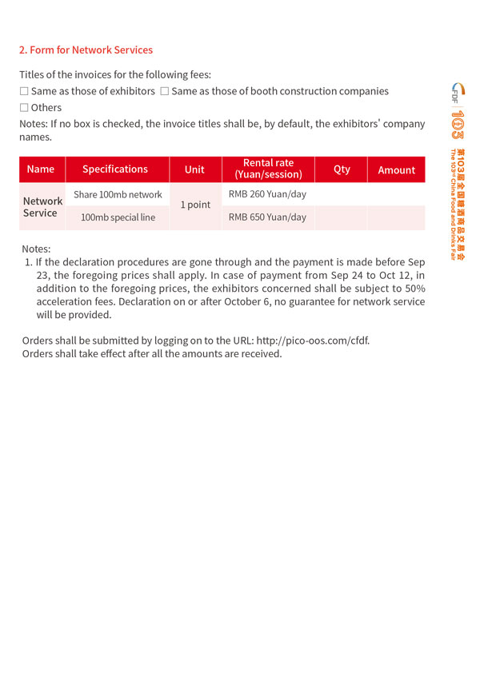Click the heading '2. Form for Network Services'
click(x=86, y=50)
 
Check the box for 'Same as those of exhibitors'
click(x=24, y=92)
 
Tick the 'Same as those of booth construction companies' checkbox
click(x=164, y=92)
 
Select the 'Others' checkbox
click(x=24, y=108)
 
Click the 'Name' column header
click(x=41, y=169)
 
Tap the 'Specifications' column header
click(x=115, y=169)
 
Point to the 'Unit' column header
click(x=194, y=169)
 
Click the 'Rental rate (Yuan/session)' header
click(x=268, y=169)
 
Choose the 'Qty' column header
click(x=342, y=169)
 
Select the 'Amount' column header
click(x=397, y=170)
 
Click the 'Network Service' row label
click(x=42, y=207)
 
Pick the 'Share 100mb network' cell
click(x=118, y=194)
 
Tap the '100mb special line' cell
click(x=118, y=217)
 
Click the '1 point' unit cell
click(x=195, y=205)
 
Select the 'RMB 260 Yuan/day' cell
click(x=267, y=194)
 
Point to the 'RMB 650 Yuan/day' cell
click(x=267, y=217)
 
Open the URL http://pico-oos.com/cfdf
click(x=313, y=340)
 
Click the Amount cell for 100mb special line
click(x=396, y=217)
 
